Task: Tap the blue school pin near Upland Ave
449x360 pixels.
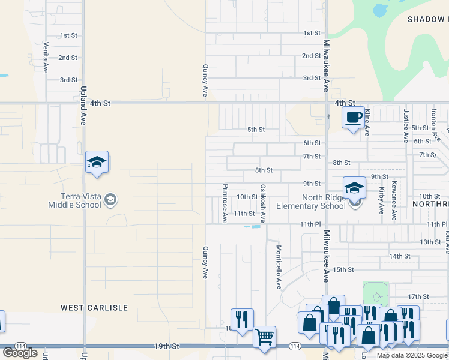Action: click(x=97, y=163)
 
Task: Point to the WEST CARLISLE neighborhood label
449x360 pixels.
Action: click(x=94, y=308)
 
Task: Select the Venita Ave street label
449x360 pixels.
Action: click(x=46, y=57)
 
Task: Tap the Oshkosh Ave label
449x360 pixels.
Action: click(x=262, y=203)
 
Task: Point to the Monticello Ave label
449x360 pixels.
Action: click(x=279, y=267)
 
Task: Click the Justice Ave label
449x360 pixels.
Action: click(x=406, y=125)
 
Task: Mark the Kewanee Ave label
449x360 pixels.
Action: click(x=394, y=200)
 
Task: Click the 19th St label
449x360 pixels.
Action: click(x=166, y=346)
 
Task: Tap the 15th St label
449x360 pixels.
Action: click(x=344, y=269)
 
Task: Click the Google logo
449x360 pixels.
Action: click(x=20, y=353)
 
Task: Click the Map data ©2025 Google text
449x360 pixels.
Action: click(x=411, y=355)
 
